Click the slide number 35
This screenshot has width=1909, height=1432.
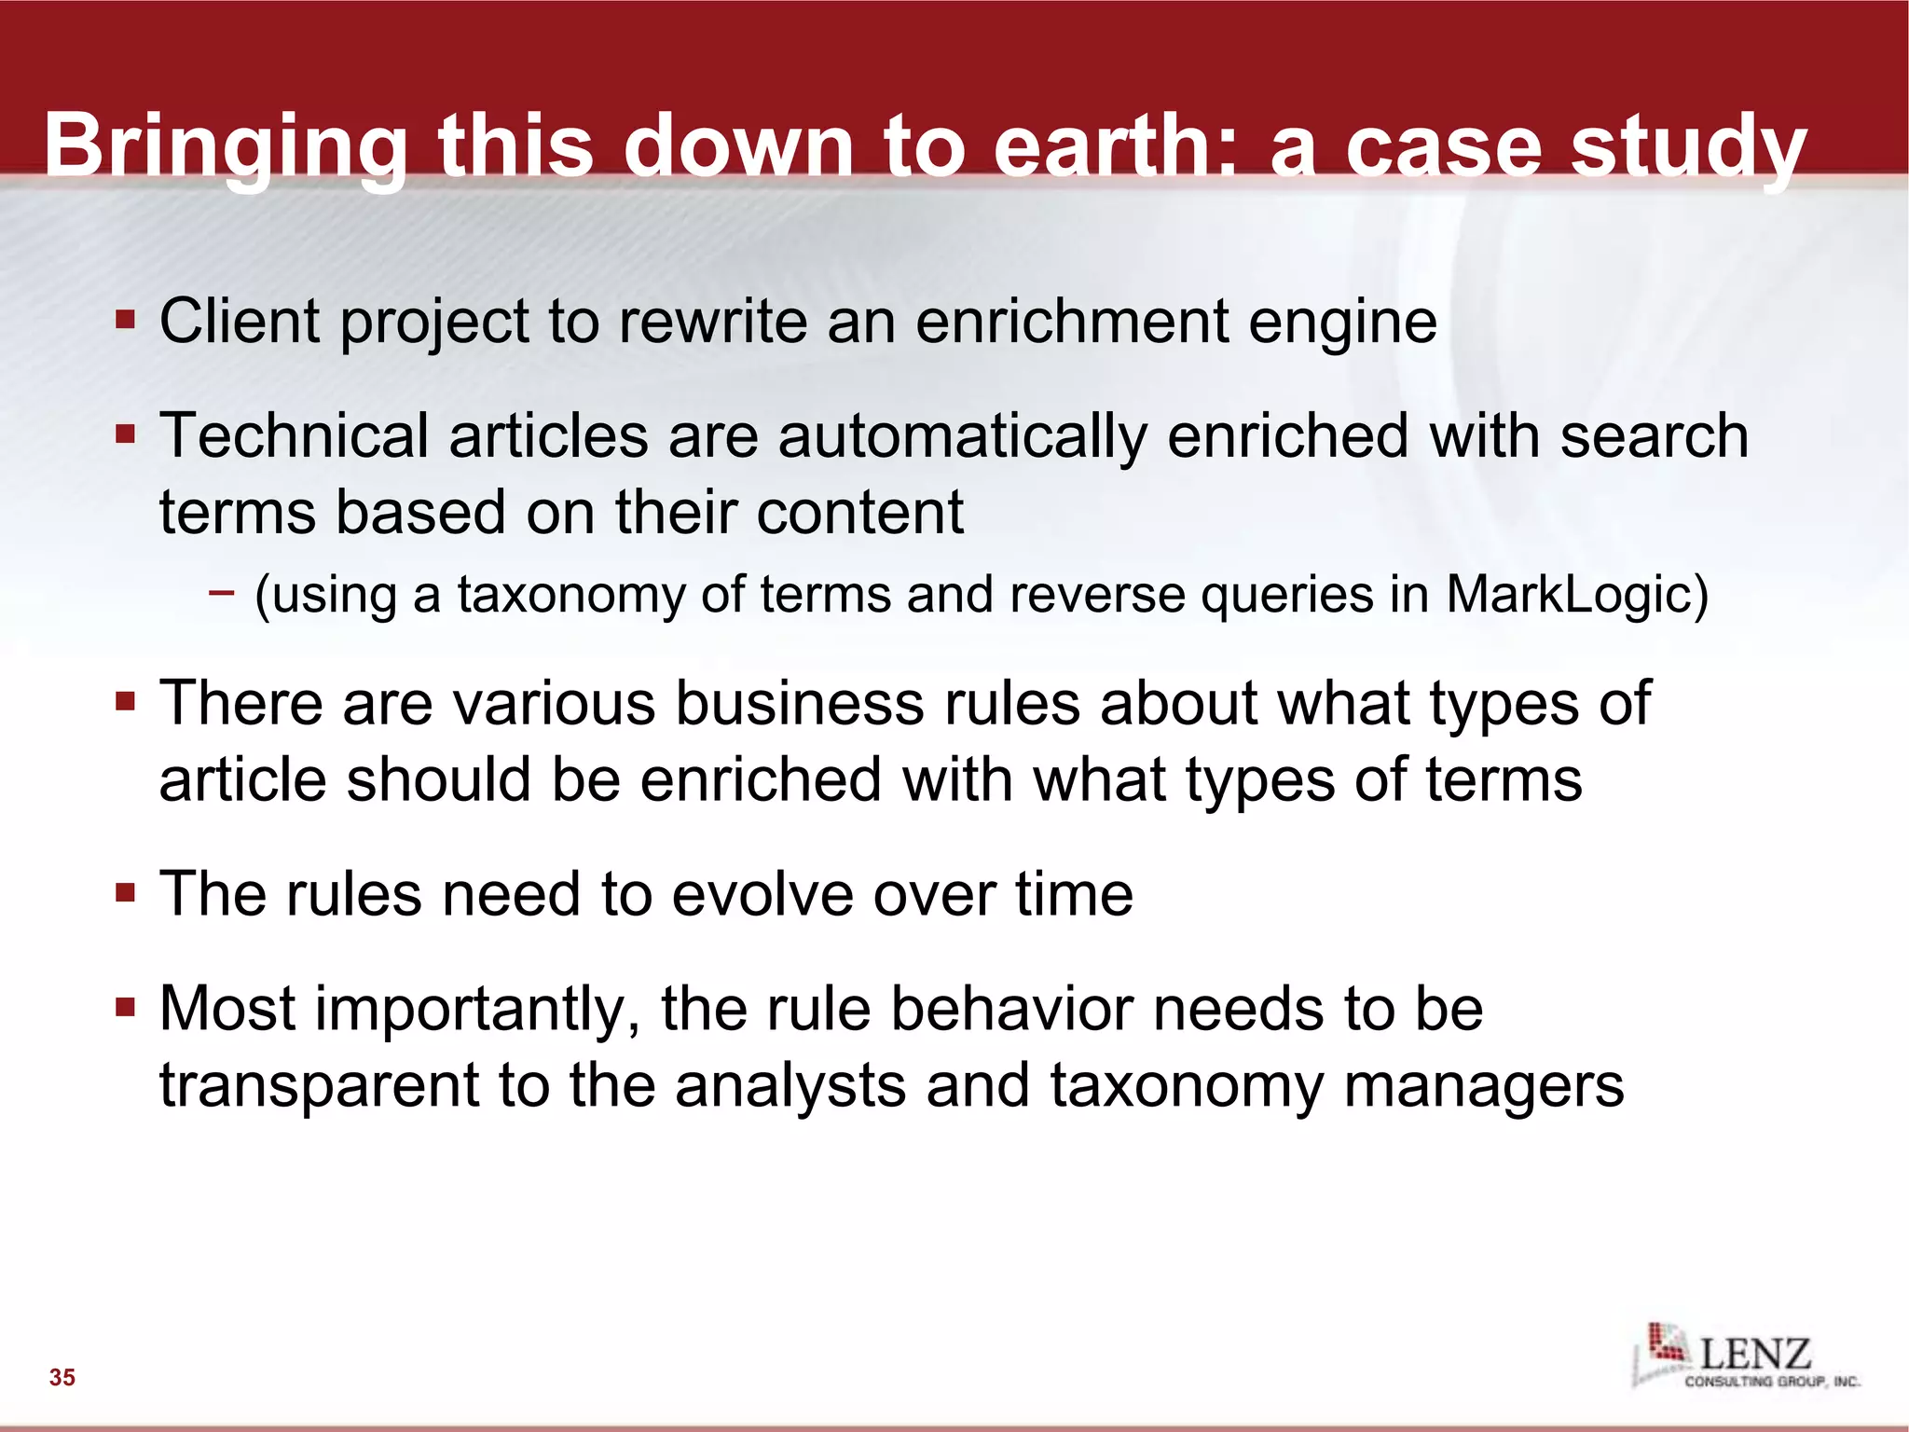point(62,1377)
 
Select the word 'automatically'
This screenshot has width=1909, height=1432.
point(962,436)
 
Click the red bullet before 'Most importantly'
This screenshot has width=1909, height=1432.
point(126,1008)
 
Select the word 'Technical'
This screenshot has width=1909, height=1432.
point(294,435)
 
